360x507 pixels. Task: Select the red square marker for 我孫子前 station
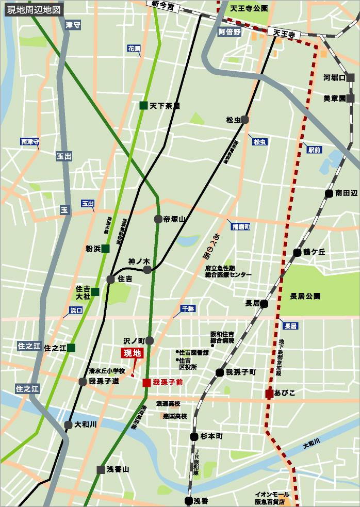(147, 383)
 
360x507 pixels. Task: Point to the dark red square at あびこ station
(269, 394)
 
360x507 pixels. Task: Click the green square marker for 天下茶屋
(143, 105)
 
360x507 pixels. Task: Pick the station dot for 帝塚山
(158, 219)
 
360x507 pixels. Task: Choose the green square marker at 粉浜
(105, 249)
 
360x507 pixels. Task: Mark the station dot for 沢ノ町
(150, 340)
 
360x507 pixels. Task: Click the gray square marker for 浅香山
(101, 469)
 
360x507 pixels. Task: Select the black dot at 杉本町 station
(194, 436)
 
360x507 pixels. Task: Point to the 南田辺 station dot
(329, 193)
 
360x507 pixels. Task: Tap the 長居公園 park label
(305, 297)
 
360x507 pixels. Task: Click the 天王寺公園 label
(249, 9)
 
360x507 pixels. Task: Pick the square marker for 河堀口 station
(351, 78)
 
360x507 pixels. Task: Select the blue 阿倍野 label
(230, 32)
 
